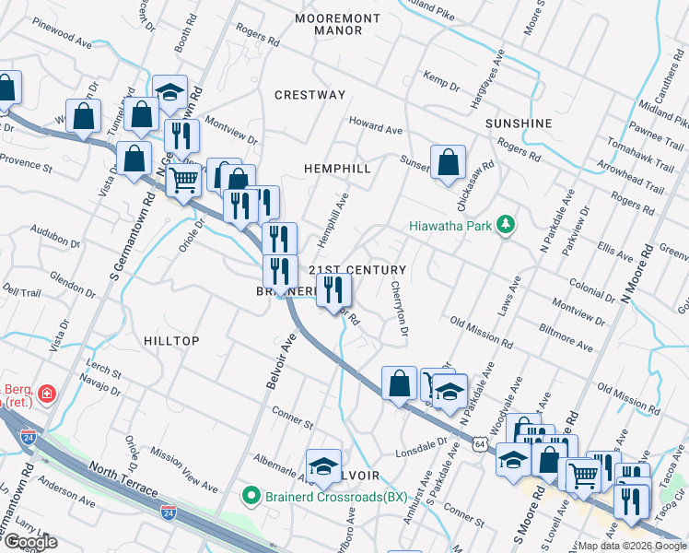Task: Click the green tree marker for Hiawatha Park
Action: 505,224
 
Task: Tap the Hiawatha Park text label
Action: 450,225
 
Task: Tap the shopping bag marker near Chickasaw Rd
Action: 448,163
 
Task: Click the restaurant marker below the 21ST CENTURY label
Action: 333,290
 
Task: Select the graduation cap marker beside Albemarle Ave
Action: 323,467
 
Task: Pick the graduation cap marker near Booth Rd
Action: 169,92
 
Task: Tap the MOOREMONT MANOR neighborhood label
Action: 329,24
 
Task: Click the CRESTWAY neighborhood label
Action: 309,95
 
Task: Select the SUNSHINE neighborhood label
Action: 518,124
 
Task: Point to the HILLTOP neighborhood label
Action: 171,341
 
